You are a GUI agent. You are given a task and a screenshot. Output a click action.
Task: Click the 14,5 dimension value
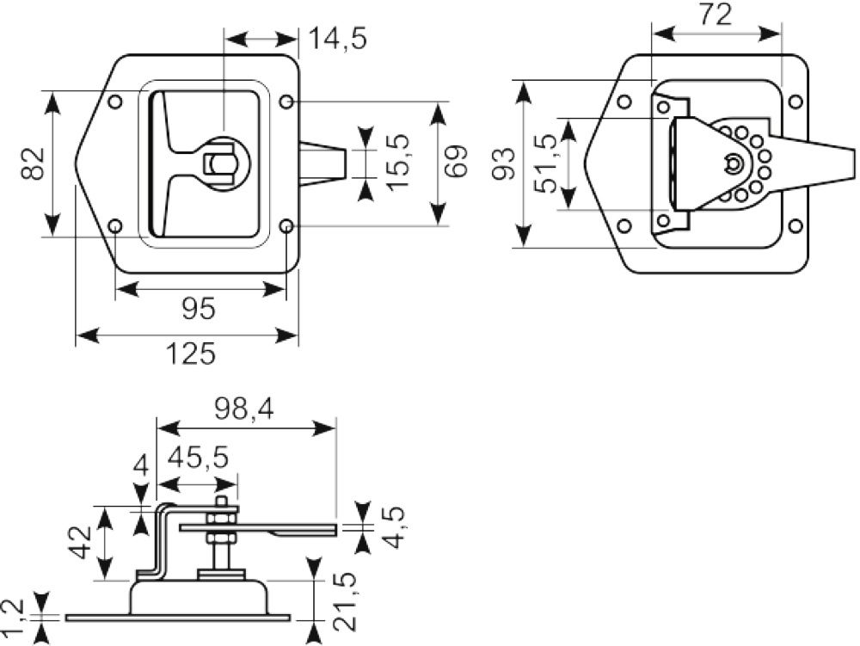coord(338,39)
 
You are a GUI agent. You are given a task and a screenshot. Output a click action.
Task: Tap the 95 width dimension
coord(199,309)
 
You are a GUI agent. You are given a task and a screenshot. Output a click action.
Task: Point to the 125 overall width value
coord(191,354)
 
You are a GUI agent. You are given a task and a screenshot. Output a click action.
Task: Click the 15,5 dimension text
coord(397,163)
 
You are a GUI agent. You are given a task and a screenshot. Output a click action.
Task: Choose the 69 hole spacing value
coord(456,161)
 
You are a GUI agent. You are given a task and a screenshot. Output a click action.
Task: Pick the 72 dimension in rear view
coord(716,15)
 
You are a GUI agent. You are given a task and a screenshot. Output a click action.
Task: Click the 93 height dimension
coord(503,163)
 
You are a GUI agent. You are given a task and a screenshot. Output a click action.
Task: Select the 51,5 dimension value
coord(547,163)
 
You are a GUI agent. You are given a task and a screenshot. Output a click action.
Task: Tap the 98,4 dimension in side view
coord(244,409)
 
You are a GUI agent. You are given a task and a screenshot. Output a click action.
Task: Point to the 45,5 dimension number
coord(198,457)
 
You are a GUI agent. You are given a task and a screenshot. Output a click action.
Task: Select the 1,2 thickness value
coord(11,618)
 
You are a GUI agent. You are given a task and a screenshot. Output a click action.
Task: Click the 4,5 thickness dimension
coord(394,527)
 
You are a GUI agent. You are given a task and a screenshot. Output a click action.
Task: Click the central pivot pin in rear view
coord(733,163)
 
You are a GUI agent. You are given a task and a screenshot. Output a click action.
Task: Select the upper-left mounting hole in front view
coord(115,102)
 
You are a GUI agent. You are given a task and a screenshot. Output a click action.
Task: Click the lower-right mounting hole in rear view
coord(795,226)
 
